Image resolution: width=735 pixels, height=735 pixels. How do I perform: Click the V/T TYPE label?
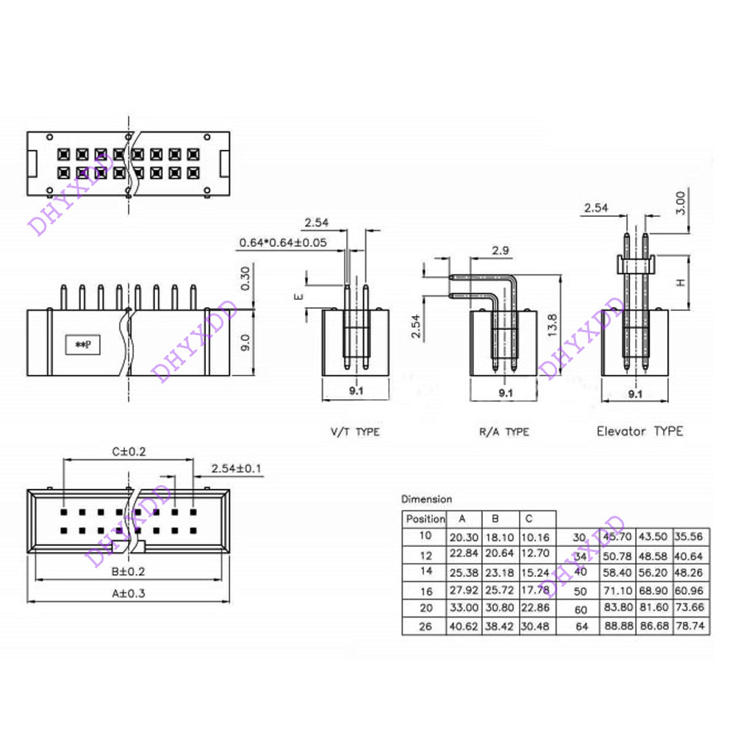354,431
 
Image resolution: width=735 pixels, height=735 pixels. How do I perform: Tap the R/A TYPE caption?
503,431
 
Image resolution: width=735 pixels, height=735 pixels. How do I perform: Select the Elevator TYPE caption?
639,431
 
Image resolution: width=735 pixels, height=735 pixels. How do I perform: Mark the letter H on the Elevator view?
681,282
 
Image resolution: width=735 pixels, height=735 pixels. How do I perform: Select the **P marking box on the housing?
82,343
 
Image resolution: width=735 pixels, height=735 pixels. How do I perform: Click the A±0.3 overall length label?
126,595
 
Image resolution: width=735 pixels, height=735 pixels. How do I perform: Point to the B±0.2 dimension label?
126,571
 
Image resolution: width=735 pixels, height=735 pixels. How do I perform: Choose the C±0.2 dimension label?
129,451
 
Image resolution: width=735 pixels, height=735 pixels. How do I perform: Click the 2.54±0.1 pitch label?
237,468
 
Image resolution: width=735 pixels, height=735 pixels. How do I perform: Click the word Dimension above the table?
427,499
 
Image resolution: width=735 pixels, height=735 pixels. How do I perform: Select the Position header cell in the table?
426,519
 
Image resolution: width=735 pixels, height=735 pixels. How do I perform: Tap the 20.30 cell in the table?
464,537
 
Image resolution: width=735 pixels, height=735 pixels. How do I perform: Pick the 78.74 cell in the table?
692,626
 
